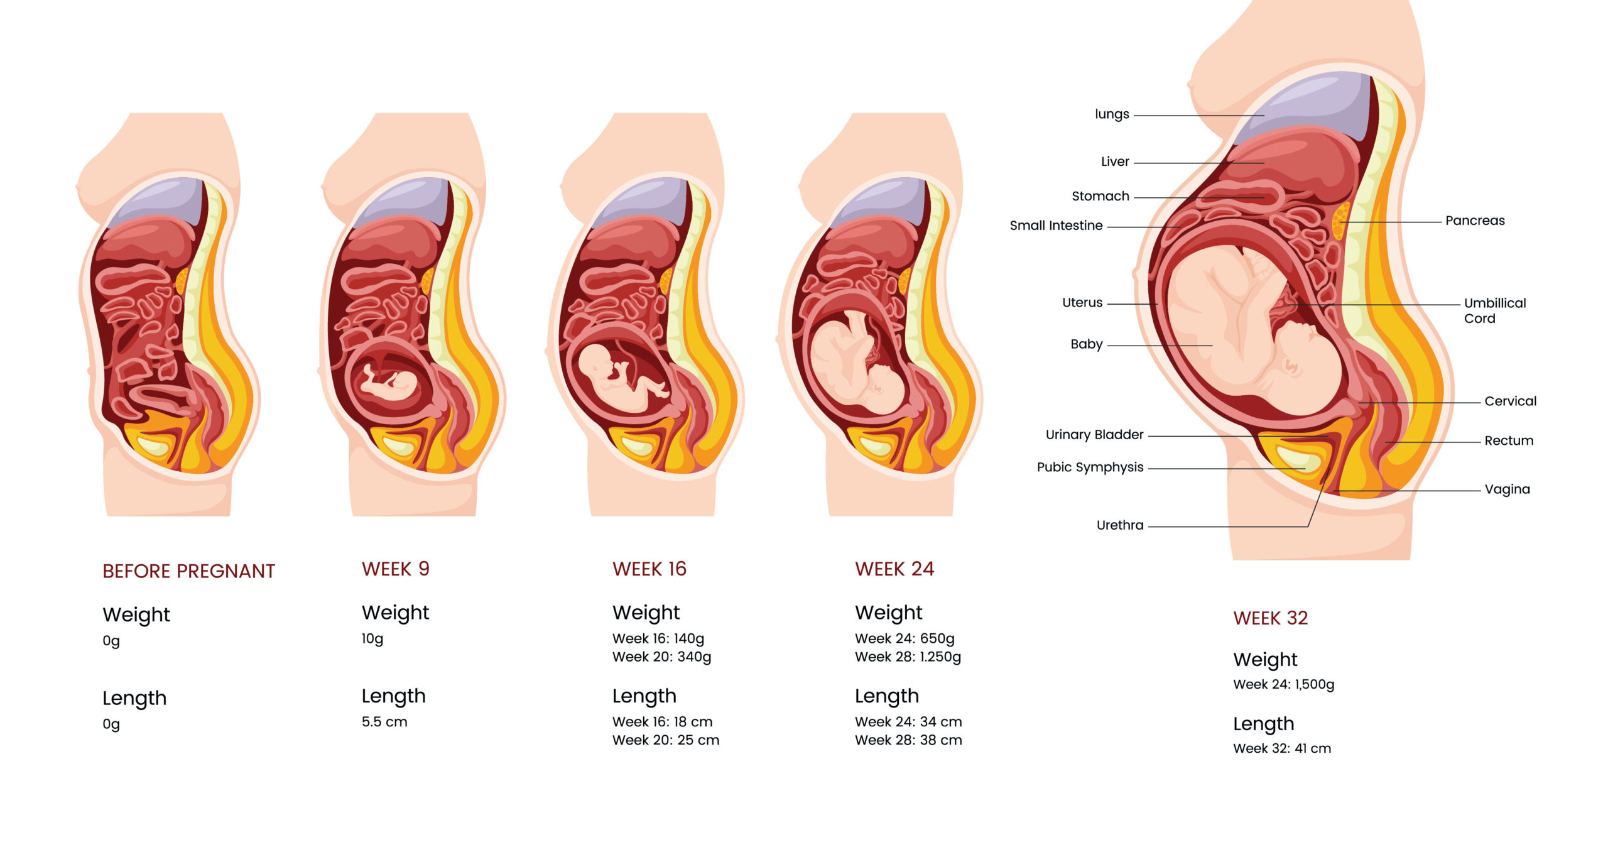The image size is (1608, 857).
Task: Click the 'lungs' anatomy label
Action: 1111,114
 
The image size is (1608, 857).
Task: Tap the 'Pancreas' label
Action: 1474,221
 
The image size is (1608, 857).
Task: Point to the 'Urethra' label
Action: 1119,525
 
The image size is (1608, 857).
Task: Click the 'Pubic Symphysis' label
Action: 1090,467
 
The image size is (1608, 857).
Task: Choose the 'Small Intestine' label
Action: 1056,226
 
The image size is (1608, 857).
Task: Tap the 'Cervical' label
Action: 1510,401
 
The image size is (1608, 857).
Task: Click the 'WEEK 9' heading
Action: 395,569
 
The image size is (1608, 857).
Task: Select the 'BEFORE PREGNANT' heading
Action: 188,571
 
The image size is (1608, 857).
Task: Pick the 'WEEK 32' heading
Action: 1270,618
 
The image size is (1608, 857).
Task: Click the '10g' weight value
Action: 372,639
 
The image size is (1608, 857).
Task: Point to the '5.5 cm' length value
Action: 384,722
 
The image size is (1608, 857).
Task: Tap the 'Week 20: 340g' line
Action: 661,657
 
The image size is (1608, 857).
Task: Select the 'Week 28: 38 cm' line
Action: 908,740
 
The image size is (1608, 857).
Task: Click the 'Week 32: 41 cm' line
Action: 1281,748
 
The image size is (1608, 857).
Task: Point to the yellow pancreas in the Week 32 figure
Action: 1340,220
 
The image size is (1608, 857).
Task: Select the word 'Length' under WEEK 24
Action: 886,696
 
